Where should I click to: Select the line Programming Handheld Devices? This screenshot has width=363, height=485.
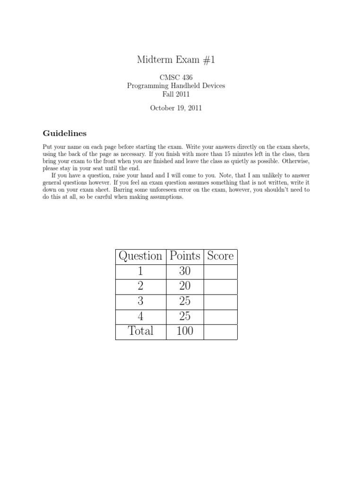(x=176, y=86)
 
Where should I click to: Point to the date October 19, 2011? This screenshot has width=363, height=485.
(x=176, y=108)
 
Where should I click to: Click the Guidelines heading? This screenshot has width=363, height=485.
(x=64, y=133)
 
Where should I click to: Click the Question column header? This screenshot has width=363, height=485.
(x=140, y=256)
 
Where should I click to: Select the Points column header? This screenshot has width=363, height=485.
(x=185, y=256)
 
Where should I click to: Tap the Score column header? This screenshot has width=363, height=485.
(x=220, y=256)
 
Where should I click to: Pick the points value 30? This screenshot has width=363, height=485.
(x=185, y=272)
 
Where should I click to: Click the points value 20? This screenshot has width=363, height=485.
(x=185, y=287)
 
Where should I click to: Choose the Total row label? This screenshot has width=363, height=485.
(x=140, y=331)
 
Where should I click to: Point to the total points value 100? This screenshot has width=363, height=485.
(x=185, y=331)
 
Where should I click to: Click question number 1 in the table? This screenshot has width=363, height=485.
(x=140, y=272)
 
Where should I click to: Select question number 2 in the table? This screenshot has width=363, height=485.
(x=140, y=287)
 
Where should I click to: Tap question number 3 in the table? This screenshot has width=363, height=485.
(x=140, y=302)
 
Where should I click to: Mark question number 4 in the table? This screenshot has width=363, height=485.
(x=140, y=316)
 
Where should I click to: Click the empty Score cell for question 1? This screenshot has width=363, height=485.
(x=220, y=272)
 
